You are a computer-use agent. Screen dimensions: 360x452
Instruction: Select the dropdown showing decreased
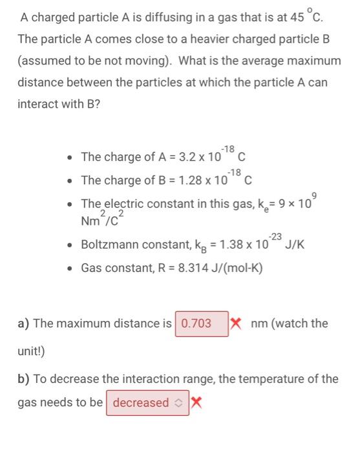click(x=147, y=402)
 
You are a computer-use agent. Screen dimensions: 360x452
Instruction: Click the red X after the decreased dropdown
click(x=196, y=402)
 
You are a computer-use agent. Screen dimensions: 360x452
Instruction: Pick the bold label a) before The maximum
click(x=25, y=323)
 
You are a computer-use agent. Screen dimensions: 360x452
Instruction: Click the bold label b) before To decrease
click(x=25, y=378)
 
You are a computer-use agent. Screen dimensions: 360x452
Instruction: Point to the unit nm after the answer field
click(x=260, y=323)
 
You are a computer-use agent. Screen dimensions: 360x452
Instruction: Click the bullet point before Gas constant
click(x=70, y=267)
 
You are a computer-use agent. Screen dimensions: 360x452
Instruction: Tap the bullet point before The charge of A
click(x=70, y=156)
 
